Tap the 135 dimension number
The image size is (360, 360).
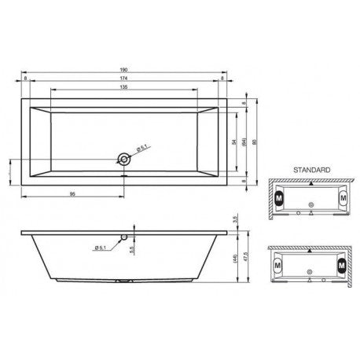pos(125,89)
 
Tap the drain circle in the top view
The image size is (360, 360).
pos(123,159)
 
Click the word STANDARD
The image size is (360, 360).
pos(310,169)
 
